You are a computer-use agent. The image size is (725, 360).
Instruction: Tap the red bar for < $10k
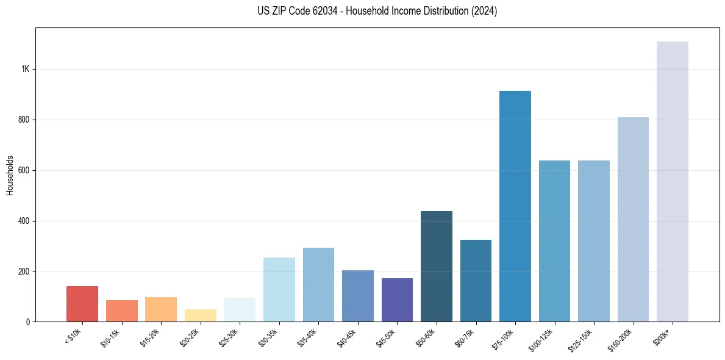point(82,304)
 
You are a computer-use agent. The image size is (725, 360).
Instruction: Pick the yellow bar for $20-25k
point(201,315)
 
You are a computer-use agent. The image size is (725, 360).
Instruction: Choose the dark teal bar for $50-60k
point(437,266)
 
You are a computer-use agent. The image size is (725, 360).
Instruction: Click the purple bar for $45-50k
point(397,300)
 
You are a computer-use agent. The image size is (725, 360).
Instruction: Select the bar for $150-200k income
point(633,219)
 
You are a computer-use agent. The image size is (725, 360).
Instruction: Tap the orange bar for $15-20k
point(161,309)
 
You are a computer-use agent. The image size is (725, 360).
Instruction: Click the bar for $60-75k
point(476,281)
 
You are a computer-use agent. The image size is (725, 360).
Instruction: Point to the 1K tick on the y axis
point(26,70)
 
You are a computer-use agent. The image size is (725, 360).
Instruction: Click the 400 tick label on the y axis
point(24,221)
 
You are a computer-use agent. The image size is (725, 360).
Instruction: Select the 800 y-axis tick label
point(24,120)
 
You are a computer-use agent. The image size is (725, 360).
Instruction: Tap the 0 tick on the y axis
point(28,322)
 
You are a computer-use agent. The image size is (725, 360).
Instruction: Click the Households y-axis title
point(10,175)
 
